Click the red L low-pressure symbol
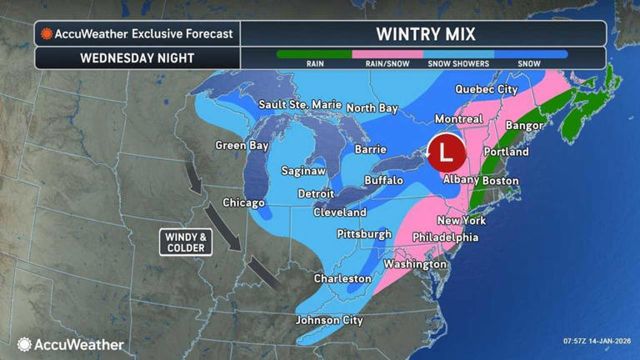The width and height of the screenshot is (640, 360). click(446, 153)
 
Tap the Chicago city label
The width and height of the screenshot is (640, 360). click(243, 202)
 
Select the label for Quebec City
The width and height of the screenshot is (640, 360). click(486, 89)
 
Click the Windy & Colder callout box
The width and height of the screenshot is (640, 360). click(185, 242)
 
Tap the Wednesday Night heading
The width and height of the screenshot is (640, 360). click(137, 58)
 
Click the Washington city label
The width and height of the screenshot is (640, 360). click(415, 264)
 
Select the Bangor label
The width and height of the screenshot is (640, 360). click(523, 126)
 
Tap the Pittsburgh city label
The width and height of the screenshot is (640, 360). click(363, 234)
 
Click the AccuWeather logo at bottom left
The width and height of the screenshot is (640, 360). click(71, 344)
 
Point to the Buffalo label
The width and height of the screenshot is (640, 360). click(384, 180)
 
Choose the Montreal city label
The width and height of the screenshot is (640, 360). click(457, 119)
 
